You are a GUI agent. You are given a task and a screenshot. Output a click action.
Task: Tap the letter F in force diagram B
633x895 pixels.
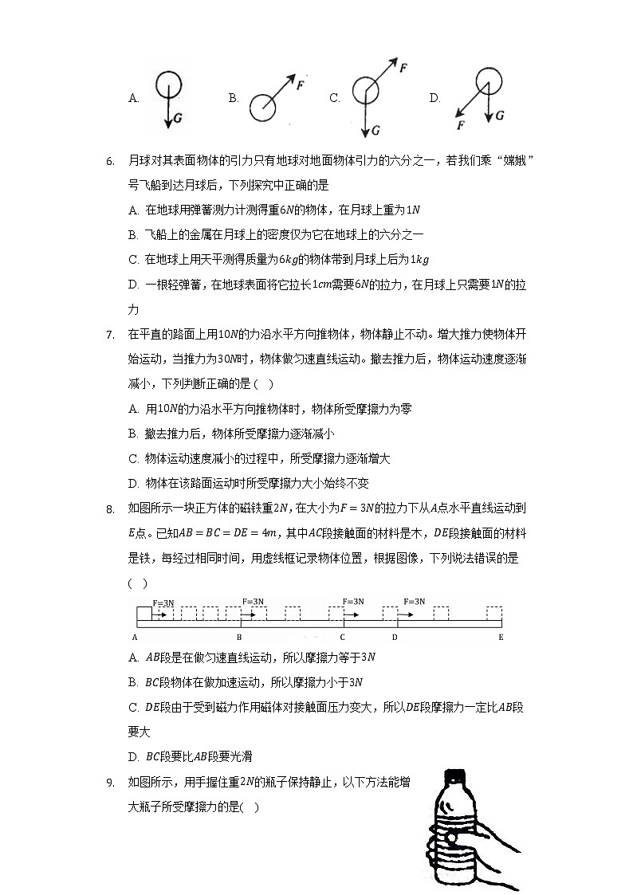coord(300,84)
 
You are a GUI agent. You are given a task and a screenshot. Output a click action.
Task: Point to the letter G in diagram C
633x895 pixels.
coord(375,129)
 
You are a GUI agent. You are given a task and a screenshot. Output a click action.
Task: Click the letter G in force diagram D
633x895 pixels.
coord(499,116)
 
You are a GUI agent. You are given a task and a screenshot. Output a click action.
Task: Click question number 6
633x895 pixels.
coord(110,161)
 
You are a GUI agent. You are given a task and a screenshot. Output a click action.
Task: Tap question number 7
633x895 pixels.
coord(110,334)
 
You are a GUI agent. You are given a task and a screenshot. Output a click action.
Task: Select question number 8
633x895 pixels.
coord(110,508)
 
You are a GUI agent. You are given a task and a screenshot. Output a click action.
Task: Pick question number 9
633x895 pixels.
coord(110,783)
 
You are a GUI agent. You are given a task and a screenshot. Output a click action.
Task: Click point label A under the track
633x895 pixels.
coord(135,637)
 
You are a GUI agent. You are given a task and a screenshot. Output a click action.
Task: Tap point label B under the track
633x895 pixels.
coord(239,637)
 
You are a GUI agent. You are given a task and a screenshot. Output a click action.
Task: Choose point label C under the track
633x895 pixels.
coord(342,637)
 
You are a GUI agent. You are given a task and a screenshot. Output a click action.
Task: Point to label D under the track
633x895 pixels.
coord(394,637)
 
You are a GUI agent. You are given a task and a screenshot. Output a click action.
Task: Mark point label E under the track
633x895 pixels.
coord(501,637)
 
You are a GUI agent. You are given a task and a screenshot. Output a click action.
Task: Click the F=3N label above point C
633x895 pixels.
coord(353,602)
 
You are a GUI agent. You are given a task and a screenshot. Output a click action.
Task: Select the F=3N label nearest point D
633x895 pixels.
coord(415,602)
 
